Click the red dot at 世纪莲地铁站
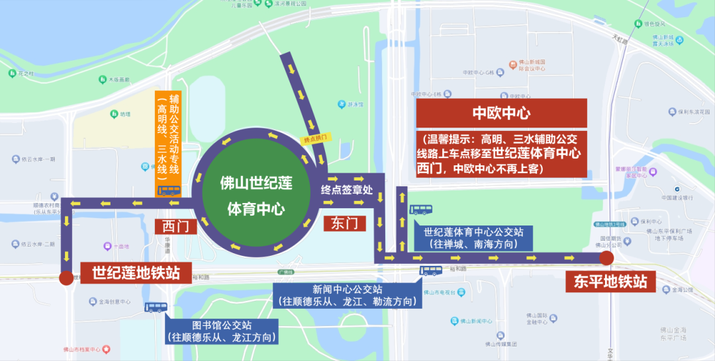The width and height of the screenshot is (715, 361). [66, 278]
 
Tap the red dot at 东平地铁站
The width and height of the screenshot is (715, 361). [606, 258]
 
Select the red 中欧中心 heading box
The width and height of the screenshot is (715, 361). [501, 113]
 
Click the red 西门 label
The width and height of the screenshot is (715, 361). [176, 226]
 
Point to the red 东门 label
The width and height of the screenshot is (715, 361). [345, 224]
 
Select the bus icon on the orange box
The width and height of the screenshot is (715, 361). [169, 190]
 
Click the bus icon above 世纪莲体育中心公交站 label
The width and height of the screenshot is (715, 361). [420, 210]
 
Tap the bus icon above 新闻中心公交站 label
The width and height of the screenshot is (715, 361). [432, 270]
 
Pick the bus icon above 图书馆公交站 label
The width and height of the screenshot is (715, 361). [157, 307]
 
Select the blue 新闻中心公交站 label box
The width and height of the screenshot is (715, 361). [348, 295]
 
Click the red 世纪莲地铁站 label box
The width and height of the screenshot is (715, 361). [135, 272]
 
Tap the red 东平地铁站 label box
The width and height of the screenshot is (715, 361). [606, 282]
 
